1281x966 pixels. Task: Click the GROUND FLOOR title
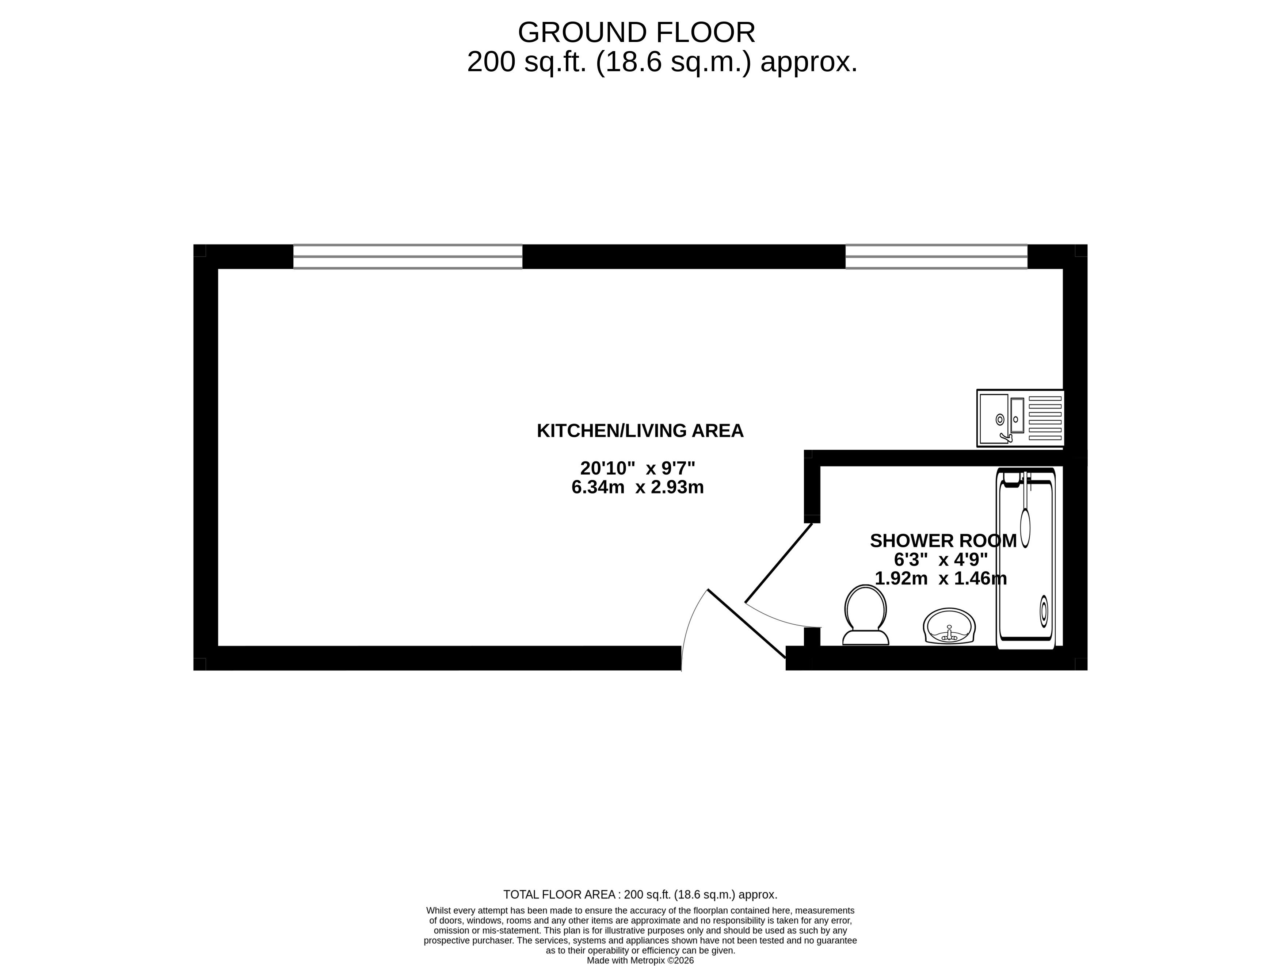(x=636, y=32)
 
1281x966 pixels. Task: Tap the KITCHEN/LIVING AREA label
(x=640, y=431)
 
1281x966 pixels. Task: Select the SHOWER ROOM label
(x=943, y=541)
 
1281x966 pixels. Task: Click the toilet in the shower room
(x=865, y=615)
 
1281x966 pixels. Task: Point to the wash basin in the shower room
(x=949, y=626)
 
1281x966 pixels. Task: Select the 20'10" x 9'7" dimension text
(x=638, y=468)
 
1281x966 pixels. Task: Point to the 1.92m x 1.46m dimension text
(x=941, y=578)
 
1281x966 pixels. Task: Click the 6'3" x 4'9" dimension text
(x=941, y=560)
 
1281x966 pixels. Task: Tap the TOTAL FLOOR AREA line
(x=640, y=895)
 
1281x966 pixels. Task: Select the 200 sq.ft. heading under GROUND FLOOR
(x=662, y=62)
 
